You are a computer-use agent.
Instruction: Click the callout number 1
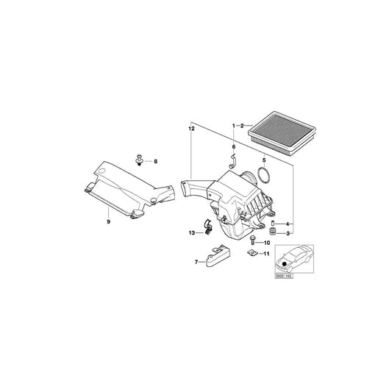point(234,126)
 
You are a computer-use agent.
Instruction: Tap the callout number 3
point(288,233)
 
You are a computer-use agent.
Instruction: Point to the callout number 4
point(288,224)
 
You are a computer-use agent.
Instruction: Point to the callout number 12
point(190,129)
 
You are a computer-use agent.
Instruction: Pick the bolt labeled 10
point(253,240)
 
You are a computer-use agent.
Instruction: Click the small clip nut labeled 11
point(252,254)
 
